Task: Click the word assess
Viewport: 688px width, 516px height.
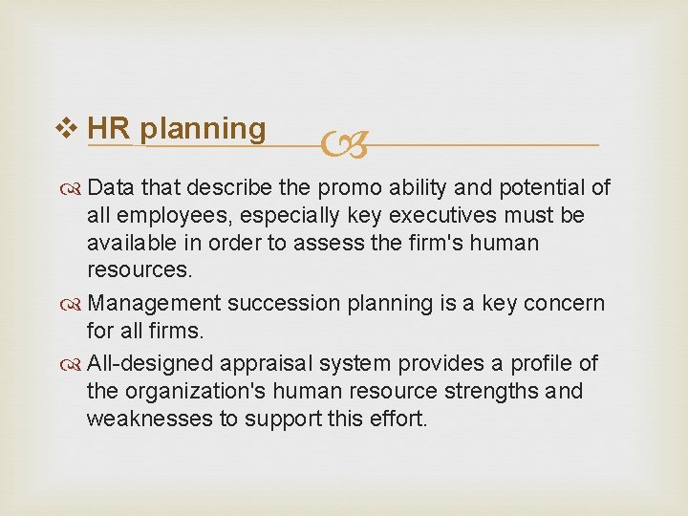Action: pyautogui.click(x=333, y=243)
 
